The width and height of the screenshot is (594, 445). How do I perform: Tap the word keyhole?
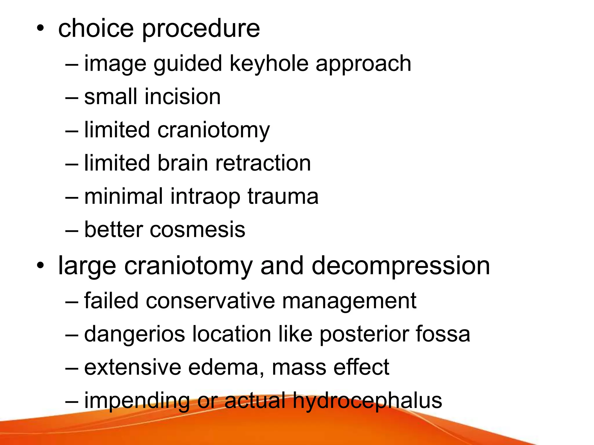[269, 64]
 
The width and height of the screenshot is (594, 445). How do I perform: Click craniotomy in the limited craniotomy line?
[213, 131]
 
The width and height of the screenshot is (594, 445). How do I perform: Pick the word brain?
[183, 163]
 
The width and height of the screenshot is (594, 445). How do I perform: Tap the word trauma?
[283, 196]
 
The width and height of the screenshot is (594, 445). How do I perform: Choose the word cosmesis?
[197, 230]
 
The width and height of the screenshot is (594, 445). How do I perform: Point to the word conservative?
[210, 301]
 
